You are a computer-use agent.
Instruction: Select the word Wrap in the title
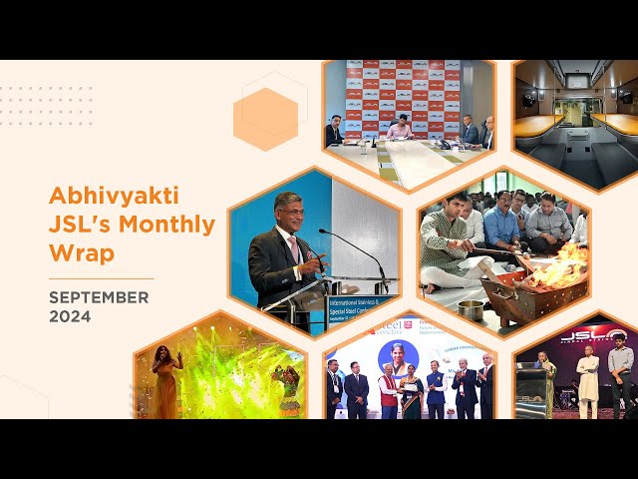(81, 253)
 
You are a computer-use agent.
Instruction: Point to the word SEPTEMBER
(99, 297)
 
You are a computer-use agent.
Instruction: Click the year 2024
(70, 317)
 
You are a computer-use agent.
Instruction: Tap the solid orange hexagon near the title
(265, 119)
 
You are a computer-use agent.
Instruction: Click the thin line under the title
(101, 278)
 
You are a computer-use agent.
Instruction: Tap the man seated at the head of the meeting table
(399, 127)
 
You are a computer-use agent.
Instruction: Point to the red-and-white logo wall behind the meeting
(409, 90)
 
